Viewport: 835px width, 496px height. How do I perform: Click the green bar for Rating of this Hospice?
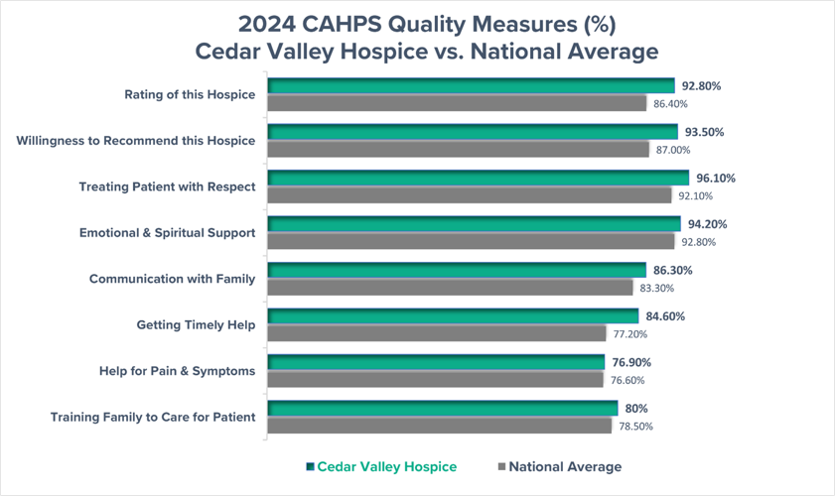pos(471,86)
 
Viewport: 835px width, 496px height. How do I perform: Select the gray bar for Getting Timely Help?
pos(437,333)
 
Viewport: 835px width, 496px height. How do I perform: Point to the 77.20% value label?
pos(629,334)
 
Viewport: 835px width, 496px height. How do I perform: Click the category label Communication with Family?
pos(172,279)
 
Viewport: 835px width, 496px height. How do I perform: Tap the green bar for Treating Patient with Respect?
pos(478,179)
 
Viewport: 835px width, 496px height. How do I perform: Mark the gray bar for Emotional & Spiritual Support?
pos(471,241)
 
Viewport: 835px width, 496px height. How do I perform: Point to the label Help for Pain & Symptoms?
pos(176,371)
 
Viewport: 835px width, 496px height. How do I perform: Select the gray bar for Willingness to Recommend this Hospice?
pos(459,149)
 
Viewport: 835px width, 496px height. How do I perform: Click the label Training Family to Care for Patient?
pos(153,417)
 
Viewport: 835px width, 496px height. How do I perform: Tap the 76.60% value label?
pos(626,380)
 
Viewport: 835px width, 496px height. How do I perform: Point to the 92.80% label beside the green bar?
pos(701,86)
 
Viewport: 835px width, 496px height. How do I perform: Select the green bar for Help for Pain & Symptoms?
pos(436,362)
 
